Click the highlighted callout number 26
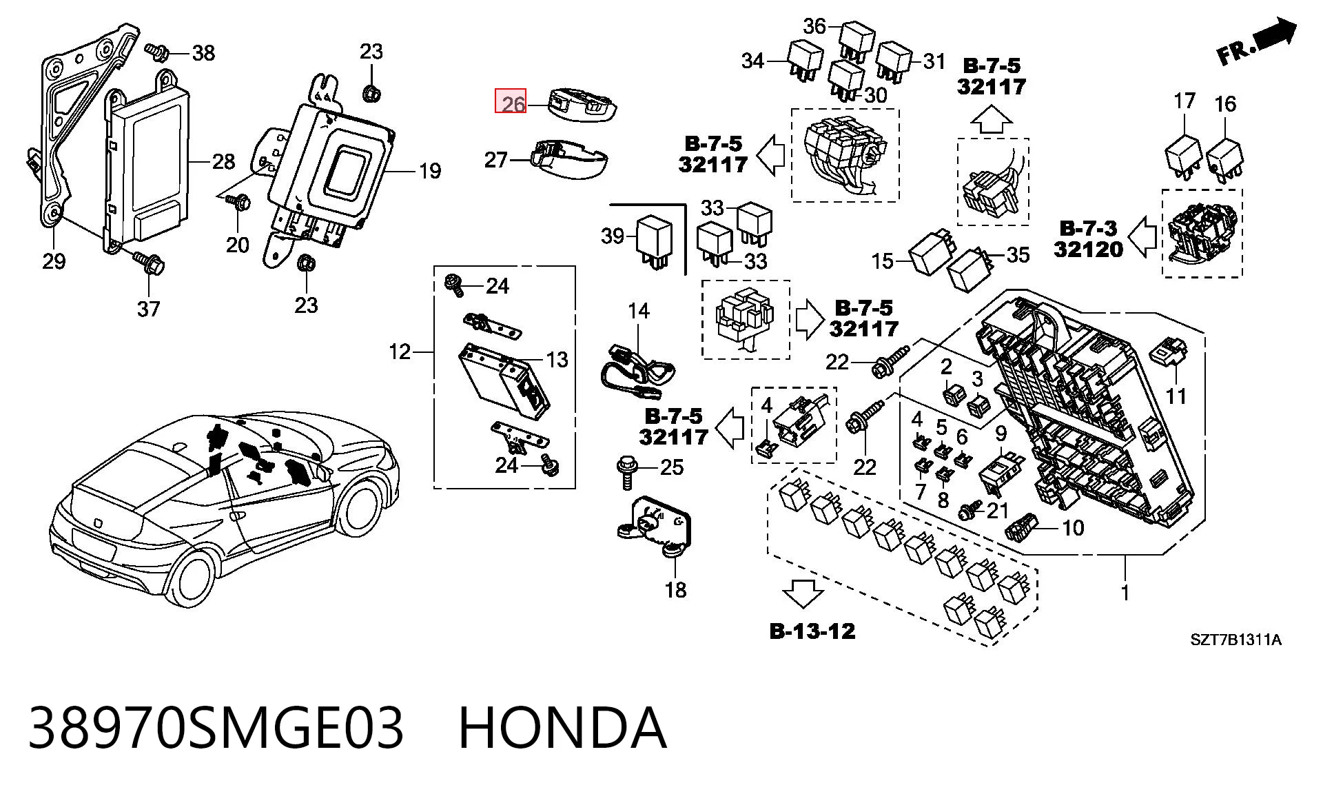click(511, 103)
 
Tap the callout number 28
click(224, 162)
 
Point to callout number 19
click(430, 170)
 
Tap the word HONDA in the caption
click(562, 728)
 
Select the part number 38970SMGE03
click(216, 728)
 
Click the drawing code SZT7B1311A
click(1236, 640)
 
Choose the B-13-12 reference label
click(812, 631)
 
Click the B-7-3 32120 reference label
click(1089, 238)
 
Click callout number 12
click(400, 352)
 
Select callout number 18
click(676, 590)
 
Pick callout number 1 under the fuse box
click(1125, 593)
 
